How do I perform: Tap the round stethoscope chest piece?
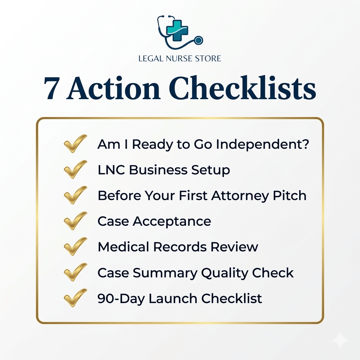[x=199, y=40]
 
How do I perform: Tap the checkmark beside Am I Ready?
[x=75, y=143]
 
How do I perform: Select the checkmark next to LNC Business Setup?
[x=75, y=169]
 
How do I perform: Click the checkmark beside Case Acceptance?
[x=75, y=221]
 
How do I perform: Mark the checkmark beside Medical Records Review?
[x=75, y=246]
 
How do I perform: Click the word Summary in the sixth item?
[x=163, y=273]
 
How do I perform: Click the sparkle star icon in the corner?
[x=340, y=340]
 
